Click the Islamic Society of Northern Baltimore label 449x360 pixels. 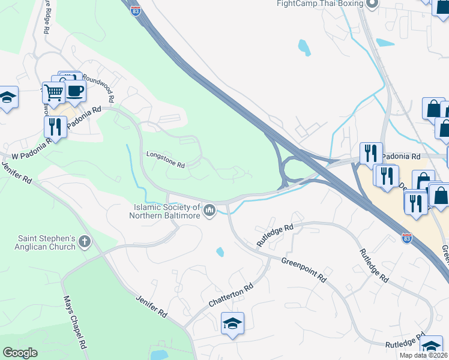166,212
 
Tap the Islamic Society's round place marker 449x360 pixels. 210,210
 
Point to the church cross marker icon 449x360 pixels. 85,242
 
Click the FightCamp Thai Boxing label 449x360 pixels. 320,4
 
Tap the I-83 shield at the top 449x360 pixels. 137,11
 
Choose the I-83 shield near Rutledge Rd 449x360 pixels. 407,238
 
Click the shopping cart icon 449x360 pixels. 53,92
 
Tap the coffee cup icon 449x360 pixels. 75,91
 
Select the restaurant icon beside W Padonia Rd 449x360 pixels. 55,127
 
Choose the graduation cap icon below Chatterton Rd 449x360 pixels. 232,323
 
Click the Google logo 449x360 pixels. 20,353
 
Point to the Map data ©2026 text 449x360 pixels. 423,355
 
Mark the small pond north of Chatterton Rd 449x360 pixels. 220,252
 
